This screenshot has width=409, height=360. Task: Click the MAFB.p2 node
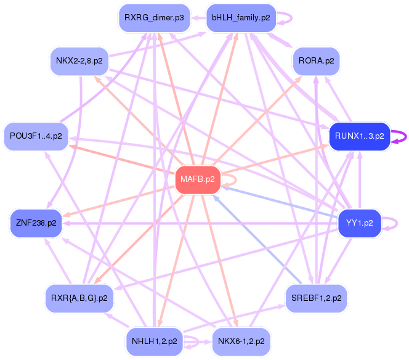coord(198,180)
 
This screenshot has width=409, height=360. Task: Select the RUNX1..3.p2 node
coord(360,136)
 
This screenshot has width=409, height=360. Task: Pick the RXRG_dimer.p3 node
coord(153,18)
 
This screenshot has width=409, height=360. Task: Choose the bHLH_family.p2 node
coord(241,18)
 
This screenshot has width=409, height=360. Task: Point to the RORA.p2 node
coord(317,61)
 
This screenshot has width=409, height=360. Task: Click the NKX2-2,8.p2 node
coord(79,61)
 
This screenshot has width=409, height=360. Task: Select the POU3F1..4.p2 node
coord(36,136)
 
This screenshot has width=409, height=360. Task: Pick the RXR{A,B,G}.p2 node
coord(79,298)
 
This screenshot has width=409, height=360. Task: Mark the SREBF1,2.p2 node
coord(317,298)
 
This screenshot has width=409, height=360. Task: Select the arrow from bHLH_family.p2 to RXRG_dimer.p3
coord(198,18)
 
